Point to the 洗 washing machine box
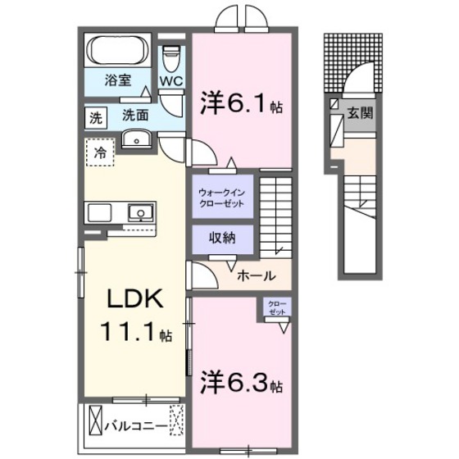point(96,117)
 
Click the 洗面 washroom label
point(135,116)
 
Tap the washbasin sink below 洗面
point(136,140)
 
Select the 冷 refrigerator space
point(100,152)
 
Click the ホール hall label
point(256,276)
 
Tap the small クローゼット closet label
point(276,307)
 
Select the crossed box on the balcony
point(93,425)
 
